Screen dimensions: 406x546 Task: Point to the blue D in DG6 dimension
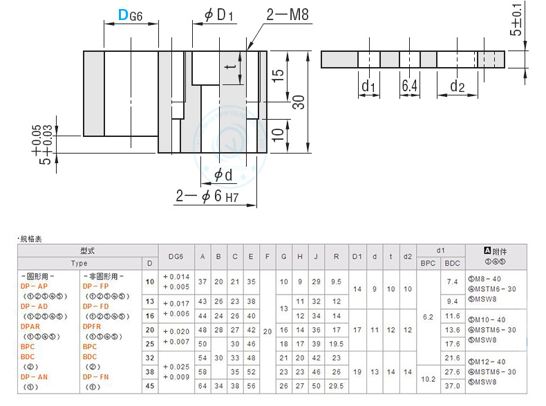pyautogui.click(x=122, y=15)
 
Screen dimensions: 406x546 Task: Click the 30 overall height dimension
pyautogui.click(x=298, y=102)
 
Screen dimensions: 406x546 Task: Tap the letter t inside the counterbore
pyautogui.click(x=227, y=67)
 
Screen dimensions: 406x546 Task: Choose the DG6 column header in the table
pyautogui.click(x=176, y=257)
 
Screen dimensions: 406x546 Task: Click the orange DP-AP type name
pyautogui.click(x=35, y=286)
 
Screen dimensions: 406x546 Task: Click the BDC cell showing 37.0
pyautogui.click(x=452, y=385)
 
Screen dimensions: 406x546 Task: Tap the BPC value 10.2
pyautogui.click(x=428, y=379)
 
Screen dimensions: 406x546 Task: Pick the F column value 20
pyautogui.click(x=267, y=331)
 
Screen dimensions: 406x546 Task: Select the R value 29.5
pyautogui.click(x=336, y=385)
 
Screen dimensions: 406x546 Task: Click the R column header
pyautogui.click(x=336, y=257)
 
